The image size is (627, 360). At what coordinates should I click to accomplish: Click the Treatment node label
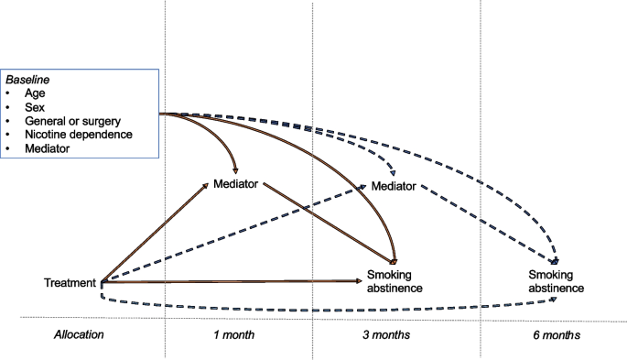point(70,283)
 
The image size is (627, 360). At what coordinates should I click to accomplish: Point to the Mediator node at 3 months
point(394,187)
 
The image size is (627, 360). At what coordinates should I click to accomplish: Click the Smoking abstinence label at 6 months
point(557,281)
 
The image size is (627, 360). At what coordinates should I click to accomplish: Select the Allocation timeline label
point(78,335)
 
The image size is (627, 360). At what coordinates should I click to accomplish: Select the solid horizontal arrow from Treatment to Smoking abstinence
point(229,283)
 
